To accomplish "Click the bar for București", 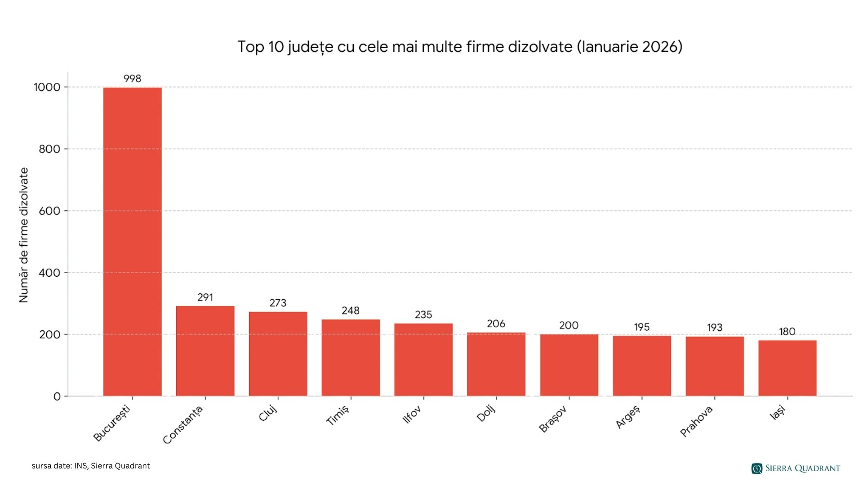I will (132, 242).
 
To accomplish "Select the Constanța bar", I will (205, 351).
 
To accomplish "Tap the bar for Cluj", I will (278, 354).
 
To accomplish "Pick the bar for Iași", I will (787, 368).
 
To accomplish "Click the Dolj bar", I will (496, 364).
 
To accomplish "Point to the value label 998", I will (132, 79).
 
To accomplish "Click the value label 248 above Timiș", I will (351, 310).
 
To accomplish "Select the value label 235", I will (423, 315).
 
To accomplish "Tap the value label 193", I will (714, 328).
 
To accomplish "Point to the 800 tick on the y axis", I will (49, 149).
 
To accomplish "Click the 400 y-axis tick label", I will (49, 273).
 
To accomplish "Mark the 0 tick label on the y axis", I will (57, 396).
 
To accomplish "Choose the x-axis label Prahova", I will (696, 421).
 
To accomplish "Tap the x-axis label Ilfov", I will (412, 414).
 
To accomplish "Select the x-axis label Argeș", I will (627, 417).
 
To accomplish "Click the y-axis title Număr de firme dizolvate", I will (24, 235).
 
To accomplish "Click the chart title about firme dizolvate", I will (459, 47).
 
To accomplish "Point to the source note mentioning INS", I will (91, 466).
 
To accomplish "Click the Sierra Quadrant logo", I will (795, 468).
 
